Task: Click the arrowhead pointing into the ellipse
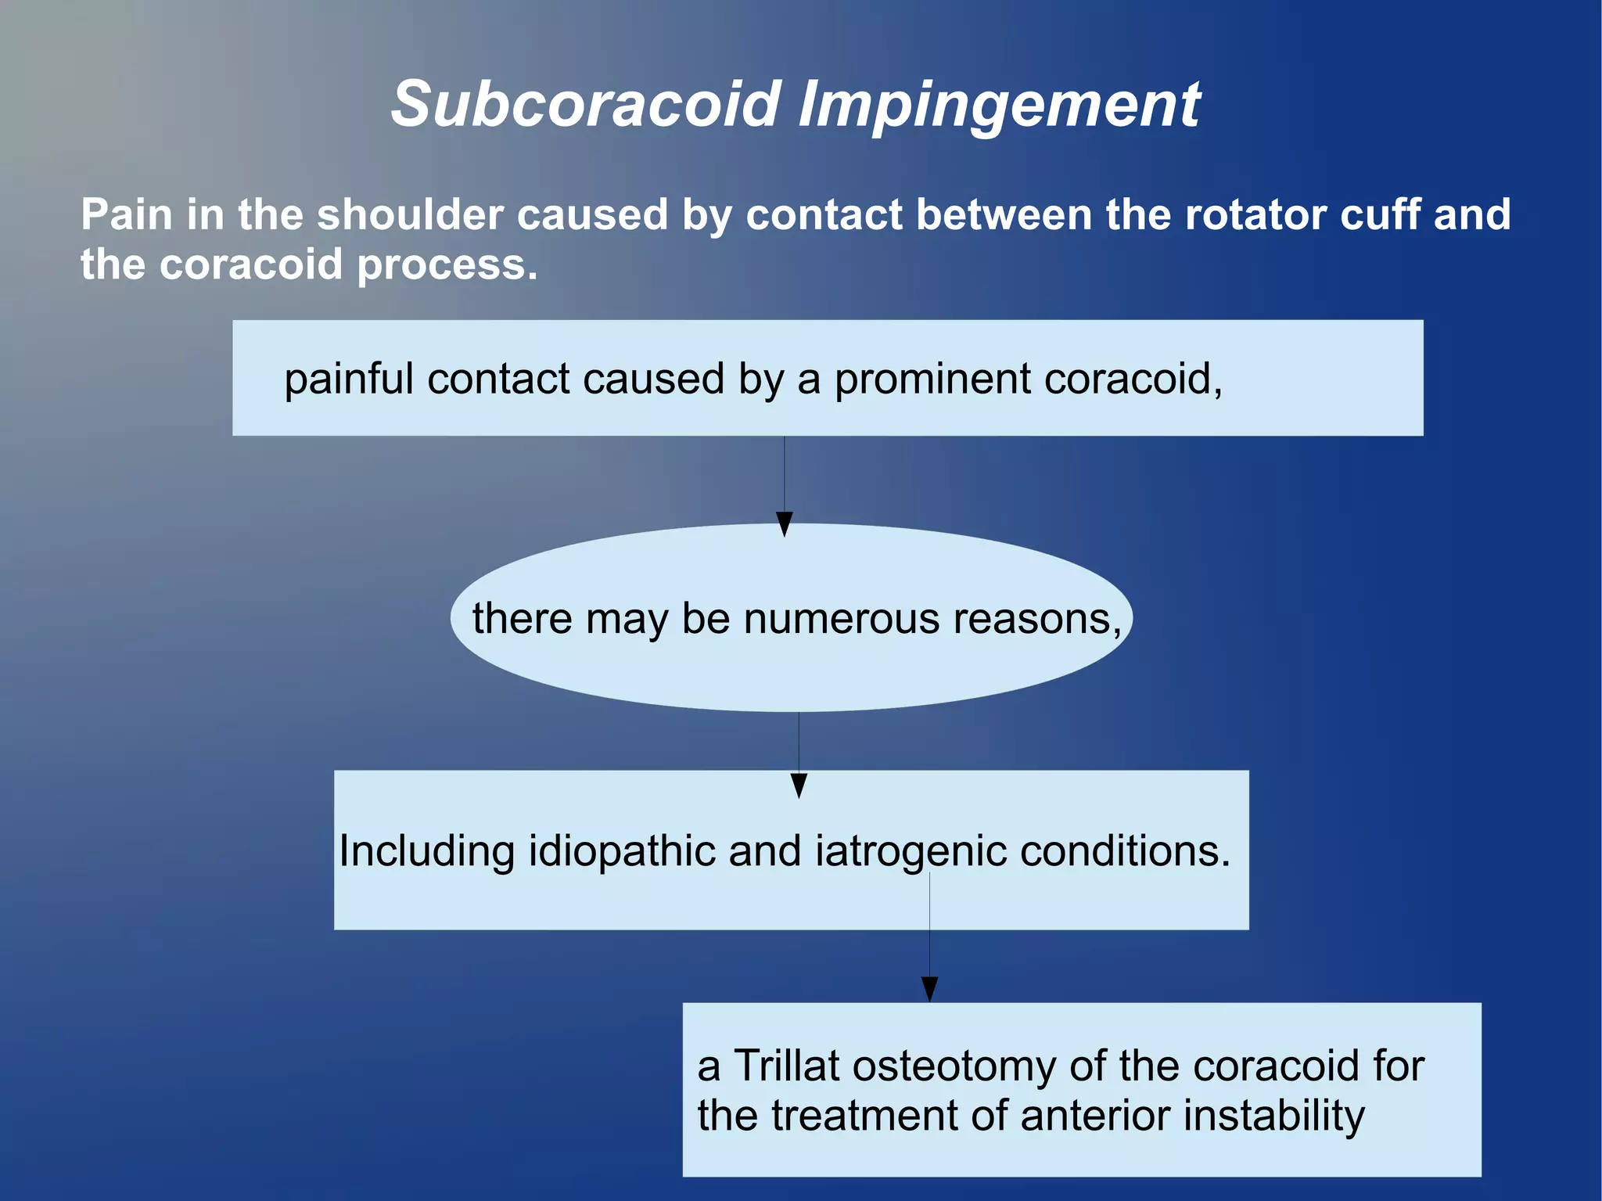click(785, 524)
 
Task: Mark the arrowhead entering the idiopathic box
click(799, 786)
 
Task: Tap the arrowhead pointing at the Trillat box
click(929, 989)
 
